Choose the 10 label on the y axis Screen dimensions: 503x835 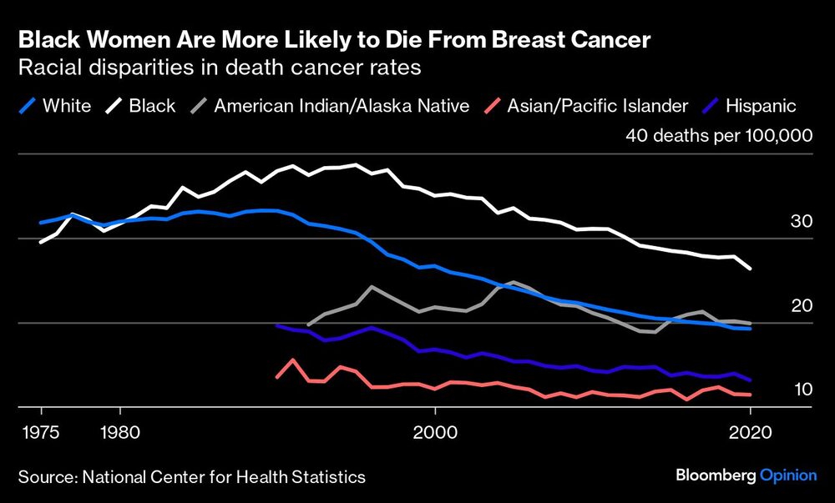point(802,390)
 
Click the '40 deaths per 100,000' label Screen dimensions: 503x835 point(719,136)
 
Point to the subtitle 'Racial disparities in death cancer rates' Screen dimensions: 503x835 point(219,68)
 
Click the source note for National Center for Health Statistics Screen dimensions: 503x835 point(191,476)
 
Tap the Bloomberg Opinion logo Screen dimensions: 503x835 point(746,475)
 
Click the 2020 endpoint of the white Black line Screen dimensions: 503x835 point(750,269)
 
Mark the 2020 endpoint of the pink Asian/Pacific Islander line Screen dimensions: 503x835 point(750,395)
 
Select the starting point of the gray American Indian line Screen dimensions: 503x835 point(308,324)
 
